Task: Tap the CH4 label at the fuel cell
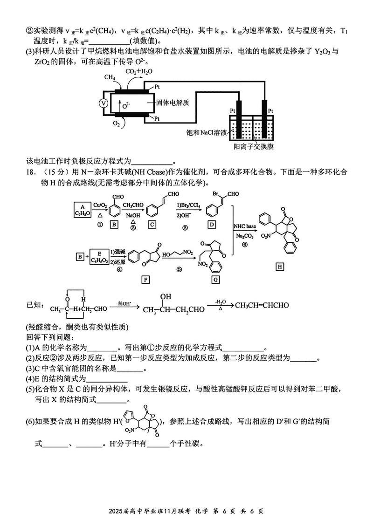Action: (110, 77)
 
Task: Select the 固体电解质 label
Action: (173, 103)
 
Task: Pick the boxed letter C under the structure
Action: (152, 225)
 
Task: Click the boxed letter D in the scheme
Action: (212, 225)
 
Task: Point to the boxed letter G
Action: (215, 280)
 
